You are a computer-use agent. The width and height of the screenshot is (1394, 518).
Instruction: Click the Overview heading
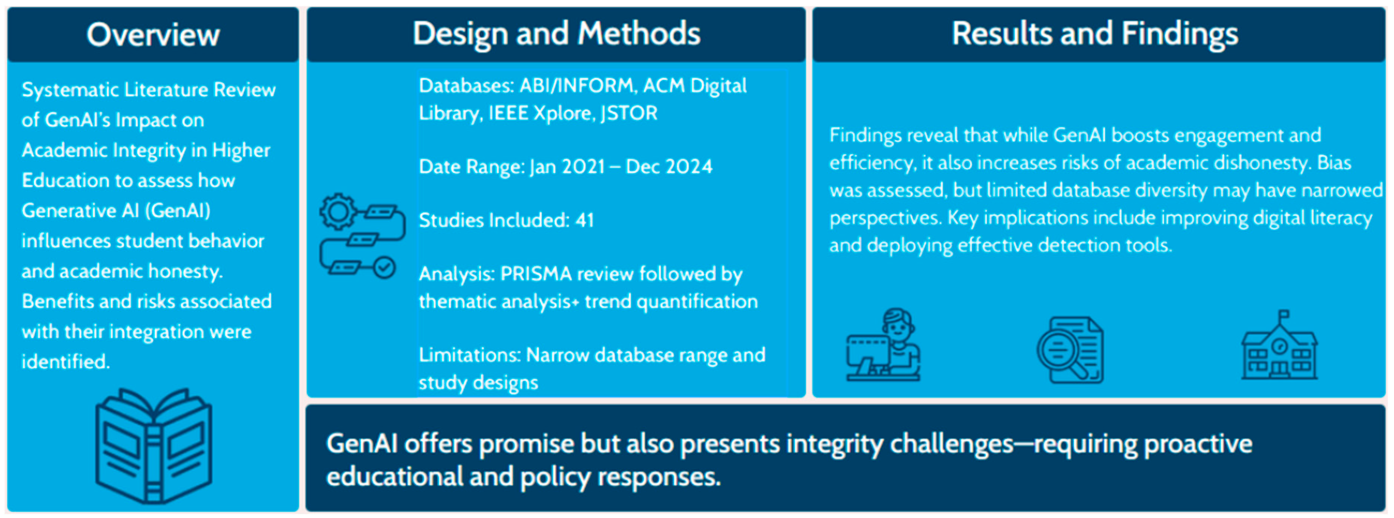153,35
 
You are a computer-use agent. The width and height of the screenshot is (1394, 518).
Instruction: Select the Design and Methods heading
556,33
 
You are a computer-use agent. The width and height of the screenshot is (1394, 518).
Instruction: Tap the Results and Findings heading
1095,33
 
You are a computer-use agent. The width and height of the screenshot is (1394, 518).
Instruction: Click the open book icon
154,446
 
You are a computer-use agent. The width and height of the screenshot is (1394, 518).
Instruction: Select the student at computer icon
883,345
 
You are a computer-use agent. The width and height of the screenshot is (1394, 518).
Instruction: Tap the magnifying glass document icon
1070,350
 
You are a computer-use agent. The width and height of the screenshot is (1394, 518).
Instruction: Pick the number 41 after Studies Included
585,220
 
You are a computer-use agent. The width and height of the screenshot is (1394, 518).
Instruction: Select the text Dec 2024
669,167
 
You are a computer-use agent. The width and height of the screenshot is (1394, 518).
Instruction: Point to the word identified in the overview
65,361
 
